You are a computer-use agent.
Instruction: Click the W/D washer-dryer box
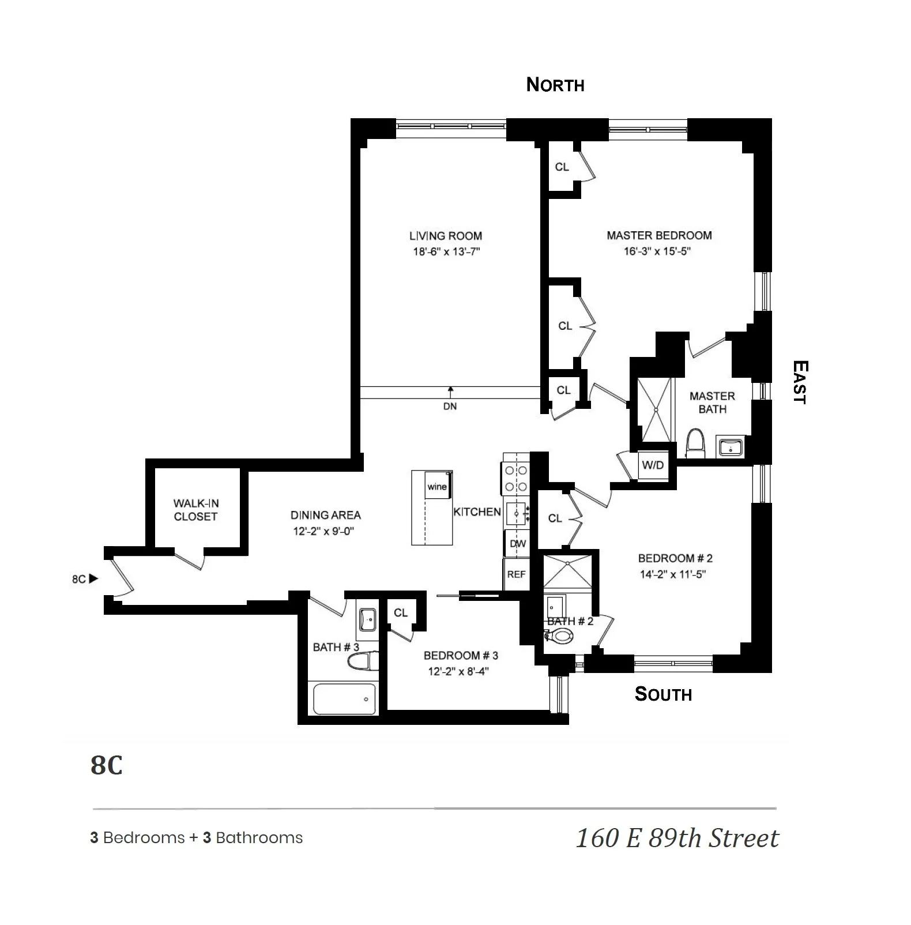pos(653,465)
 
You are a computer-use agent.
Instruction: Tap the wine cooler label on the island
pos(437,487)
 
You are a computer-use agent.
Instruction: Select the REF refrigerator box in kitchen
pos(516,574)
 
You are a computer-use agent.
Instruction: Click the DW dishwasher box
pos(517,543)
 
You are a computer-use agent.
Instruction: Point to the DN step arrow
pos(450,390)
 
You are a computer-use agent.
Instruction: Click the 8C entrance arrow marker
pos(93,578)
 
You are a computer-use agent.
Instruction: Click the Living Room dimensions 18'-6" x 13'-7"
pos(446,252)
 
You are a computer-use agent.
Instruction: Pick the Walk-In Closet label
pos(195,510)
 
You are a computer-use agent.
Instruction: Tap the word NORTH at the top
pos(555,85)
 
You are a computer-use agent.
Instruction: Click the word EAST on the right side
pos(799,382)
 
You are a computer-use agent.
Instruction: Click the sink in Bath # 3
pos(367,620)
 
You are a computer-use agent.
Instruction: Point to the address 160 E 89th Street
pos(677,838)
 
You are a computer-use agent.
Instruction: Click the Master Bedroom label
pos(659,235)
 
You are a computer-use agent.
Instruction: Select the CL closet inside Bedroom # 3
pos(401,613)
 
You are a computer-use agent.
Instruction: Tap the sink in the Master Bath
pos(730,446)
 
